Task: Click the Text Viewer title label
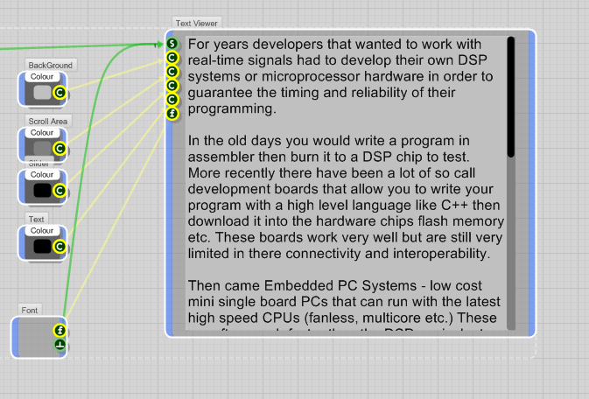197,23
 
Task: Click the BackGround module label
50,65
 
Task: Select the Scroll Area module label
49,121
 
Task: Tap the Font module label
30,310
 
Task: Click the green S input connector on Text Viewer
172,43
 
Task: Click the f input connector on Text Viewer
172,114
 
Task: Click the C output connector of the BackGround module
60,92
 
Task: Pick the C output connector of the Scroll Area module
60,148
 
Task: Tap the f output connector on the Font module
60,330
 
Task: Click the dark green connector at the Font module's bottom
60,346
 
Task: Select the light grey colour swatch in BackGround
42,91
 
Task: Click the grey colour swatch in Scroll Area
42,147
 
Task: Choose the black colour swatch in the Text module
42,247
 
